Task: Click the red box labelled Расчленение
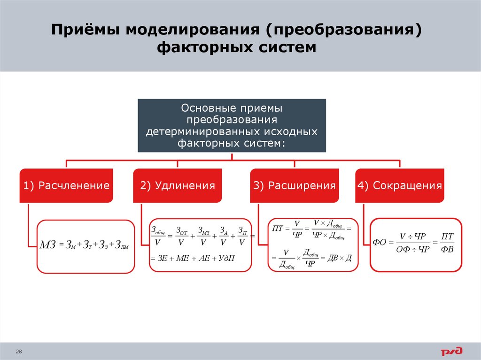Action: coord(66,185)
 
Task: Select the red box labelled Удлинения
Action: coord(178,185)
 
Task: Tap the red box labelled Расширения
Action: coord(295,185)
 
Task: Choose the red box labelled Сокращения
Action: coord(399,185)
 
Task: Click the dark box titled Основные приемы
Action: coord(232,125)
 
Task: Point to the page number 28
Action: coord(19,352)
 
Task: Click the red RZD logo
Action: coord(451,351)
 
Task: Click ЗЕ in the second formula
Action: coord(163,259)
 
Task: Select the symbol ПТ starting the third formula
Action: coord(277,229)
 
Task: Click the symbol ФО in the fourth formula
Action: coord(379,243)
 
